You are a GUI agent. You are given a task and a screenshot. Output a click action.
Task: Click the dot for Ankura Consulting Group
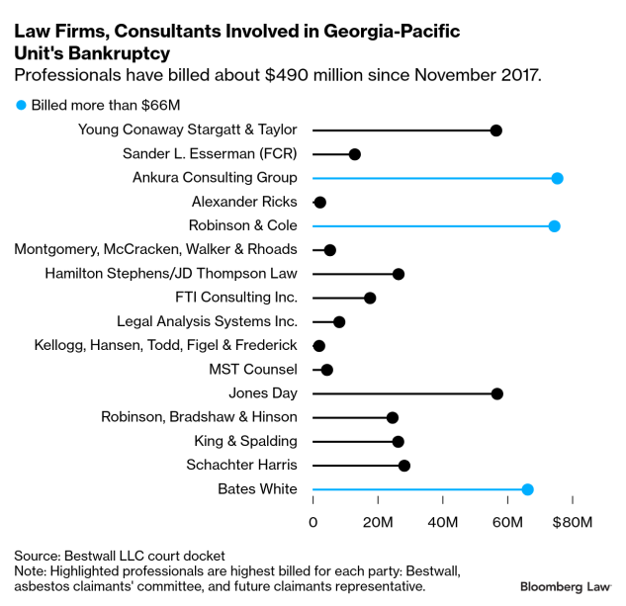coord(557,178)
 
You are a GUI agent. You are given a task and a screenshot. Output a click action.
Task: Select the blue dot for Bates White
coord(527,489)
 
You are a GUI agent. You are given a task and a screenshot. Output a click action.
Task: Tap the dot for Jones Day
coord(496,393)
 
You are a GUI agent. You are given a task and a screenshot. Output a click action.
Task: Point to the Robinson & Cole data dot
coord(554,226)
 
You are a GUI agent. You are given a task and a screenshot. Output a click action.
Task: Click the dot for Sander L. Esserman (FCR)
coord(354,154)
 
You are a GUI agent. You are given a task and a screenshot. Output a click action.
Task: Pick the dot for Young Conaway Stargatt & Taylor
coord(495,130)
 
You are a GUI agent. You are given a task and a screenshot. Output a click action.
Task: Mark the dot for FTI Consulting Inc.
coord(370,298)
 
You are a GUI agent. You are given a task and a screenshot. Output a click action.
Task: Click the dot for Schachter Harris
coord(403,466)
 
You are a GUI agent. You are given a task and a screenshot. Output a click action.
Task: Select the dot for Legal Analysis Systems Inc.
coord(339,322)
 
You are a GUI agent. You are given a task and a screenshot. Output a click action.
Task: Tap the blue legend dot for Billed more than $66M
coord(20,104)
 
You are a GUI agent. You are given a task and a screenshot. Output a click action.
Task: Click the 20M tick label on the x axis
coord(378,521)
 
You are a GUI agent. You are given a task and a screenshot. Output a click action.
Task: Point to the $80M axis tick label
coord(571,521)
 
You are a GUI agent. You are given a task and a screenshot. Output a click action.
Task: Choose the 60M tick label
coord(507,521)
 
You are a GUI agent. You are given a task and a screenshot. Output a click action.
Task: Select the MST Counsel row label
coord(252,370)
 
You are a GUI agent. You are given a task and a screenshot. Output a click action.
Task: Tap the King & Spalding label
coord(241,441)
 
